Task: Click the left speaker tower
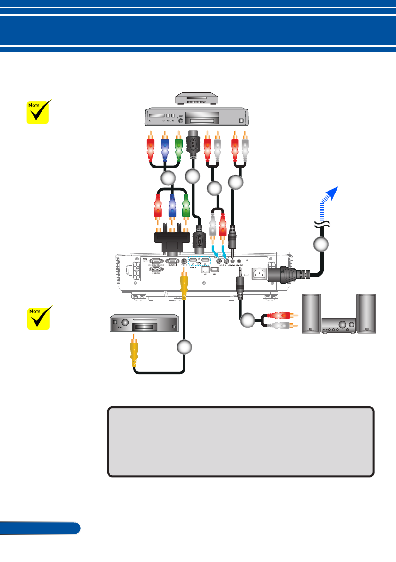coord(311,314)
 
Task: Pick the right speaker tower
coord(367,314)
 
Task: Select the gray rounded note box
coord(241,441)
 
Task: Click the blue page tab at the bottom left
coord(40,528)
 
